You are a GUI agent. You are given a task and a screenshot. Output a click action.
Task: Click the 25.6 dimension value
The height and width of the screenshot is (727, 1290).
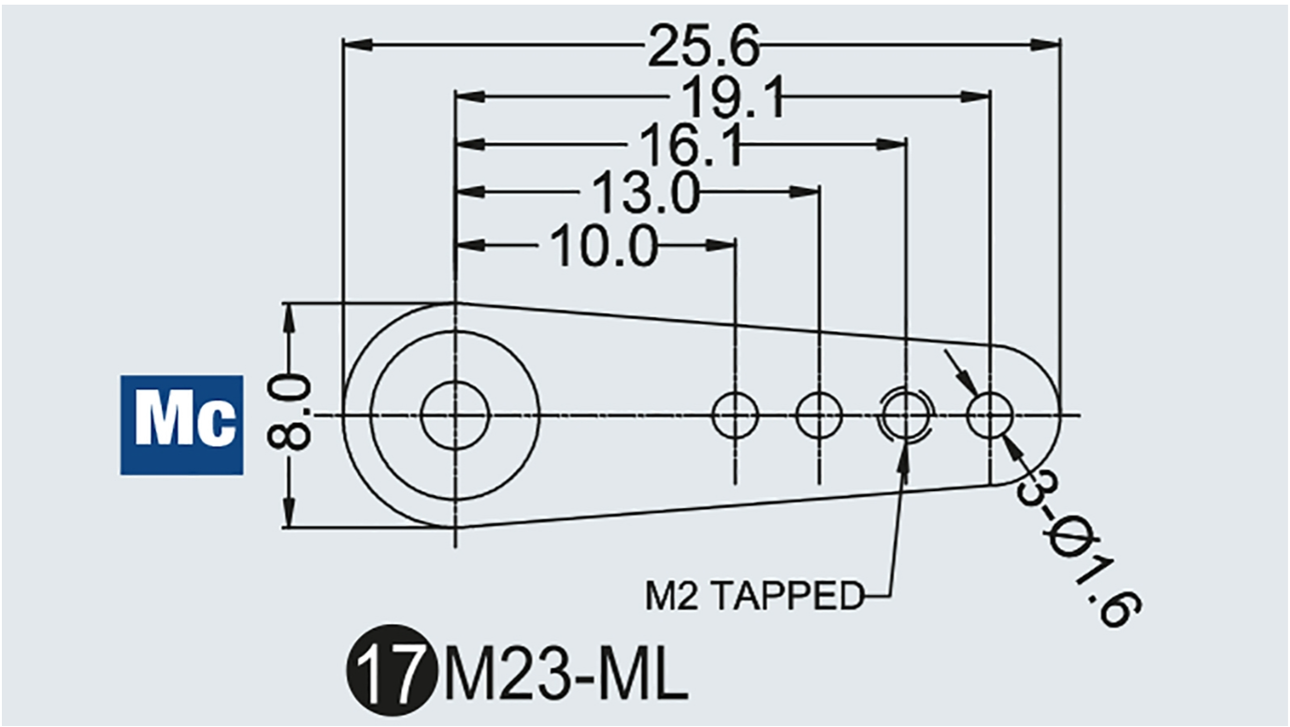[x=704, y=46]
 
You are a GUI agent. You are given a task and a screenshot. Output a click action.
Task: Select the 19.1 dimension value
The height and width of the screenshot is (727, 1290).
[x=734, y=97]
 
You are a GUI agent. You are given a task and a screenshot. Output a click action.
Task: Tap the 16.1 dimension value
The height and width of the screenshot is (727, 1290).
[x=691, y=145]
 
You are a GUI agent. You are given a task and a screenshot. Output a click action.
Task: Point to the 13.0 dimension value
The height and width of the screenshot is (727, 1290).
[x=646, y=192]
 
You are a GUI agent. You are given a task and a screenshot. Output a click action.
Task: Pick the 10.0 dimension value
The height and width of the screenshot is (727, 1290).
[x=604, y=246]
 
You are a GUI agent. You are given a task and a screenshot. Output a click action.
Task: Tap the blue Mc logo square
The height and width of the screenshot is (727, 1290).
[x=181, y=425]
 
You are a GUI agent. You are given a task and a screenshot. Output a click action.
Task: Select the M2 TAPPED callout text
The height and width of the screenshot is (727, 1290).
[x=754, y=596]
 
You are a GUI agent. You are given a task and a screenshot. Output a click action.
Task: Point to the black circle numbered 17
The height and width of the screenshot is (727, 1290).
[x=390, y=670]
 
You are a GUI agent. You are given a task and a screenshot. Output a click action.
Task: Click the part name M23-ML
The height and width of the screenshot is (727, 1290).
[x=564, y=671]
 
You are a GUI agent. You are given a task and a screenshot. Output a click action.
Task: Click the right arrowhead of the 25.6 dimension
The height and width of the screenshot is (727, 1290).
[x=1045, y=44]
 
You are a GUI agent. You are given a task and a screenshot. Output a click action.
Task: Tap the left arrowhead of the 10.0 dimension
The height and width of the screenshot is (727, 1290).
[x=470, y=245]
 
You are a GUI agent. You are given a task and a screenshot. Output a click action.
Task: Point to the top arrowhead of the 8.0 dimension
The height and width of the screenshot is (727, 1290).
[x=290, y=318]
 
